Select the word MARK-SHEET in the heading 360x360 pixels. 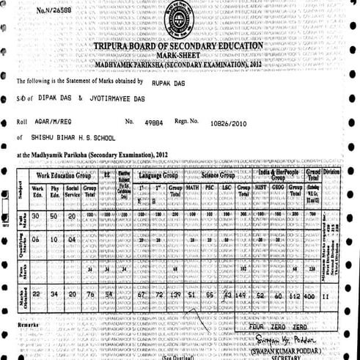pos(177,55)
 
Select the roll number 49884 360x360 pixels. pos(157,121)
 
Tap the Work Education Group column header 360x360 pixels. pos(63,176)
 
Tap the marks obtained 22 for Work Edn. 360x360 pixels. pos(37,295)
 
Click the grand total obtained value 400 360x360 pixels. pos(311,295)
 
